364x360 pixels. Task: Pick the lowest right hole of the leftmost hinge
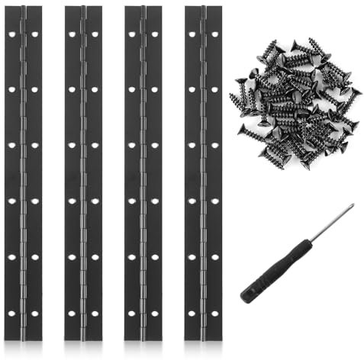[35, 313]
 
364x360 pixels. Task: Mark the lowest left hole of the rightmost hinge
[192, 313]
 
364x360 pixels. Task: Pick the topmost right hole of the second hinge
[95, 34]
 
